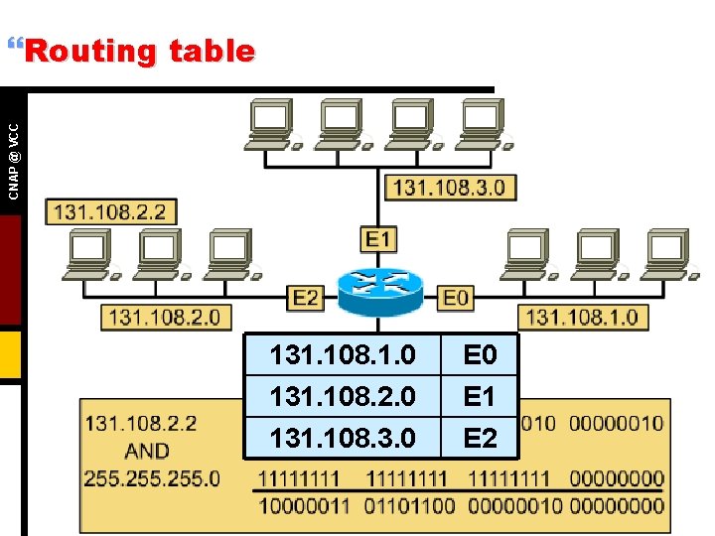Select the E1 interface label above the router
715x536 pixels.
click(379, 239)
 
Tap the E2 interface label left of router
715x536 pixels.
click(306, 297)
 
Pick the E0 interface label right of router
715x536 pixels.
click(456, 297)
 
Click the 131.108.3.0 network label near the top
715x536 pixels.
click(449, 187)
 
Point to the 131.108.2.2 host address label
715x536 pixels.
click(109, 211)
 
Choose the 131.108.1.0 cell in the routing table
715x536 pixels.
click(343, 354)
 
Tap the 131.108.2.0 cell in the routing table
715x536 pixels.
click(343, 396)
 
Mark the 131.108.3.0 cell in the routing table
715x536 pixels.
click(343, 437)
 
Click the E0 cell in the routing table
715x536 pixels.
click(480, 354)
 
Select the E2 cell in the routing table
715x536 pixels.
click(480, 437)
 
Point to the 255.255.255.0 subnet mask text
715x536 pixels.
click(152, 478)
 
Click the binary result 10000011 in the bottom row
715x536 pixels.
click(304, 505)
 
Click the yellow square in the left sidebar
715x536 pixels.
click(10, 355)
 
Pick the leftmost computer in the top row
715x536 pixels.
click(270, 124)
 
